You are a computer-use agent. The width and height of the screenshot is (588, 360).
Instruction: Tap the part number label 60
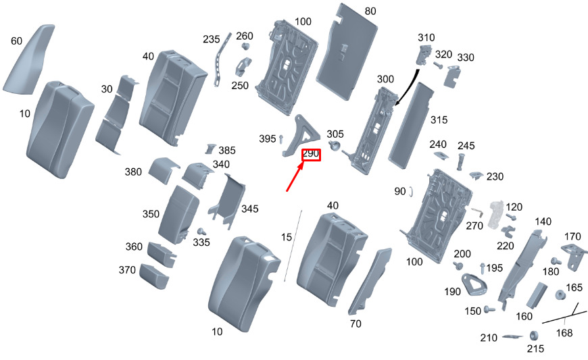tap(16, 41)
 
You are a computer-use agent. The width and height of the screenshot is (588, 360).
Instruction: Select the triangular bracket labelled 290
tap(301, 135)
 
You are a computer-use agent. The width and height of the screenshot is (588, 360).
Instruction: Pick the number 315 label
tap(439, 120)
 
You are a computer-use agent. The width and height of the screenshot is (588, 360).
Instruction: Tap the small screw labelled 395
tap(281, 139)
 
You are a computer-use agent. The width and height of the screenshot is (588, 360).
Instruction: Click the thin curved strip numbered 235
tap(222, 59)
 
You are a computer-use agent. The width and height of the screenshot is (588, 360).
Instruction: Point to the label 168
tap(564, 333)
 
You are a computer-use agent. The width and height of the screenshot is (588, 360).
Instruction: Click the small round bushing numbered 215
tap(534, 335)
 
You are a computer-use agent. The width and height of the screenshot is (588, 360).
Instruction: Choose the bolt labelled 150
tap(489, 309)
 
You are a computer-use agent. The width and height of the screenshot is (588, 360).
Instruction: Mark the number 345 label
tap(250, 209)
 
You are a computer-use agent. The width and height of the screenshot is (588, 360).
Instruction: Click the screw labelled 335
tap(202, 231)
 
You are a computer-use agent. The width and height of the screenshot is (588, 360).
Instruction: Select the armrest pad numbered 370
tap(153, 276)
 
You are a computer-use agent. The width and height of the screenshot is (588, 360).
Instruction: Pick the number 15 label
tap(286, 237)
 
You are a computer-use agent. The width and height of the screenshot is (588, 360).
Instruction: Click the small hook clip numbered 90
tap(412, 191)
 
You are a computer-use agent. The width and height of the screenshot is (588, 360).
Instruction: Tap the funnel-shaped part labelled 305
tap(334, 145)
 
